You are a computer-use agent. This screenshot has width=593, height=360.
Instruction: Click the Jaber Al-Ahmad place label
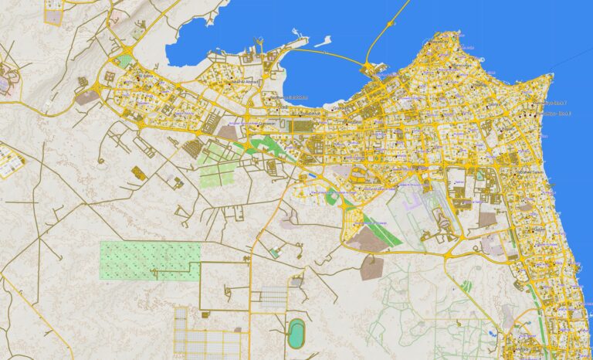[x=246, y=80]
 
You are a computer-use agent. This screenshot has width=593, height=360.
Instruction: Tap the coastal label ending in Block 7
[x=555, y=102]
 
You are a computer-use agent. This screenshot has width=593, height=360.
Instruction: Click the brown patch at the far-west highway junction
[x=86, y=97]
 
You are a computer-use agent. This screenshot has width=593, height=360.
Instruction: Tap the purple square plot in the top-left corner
[x=54, y=15]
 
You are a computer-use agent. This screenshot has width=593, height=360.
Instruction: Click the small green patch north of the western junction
[x=124, y=61]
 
